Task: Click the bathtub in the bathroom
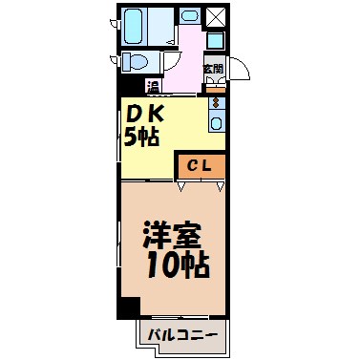pyautogui.click(x=140, y=29)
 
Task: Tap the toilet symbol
pyautogui.click(x=136, y=64)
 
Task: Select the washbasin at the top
pyautogui.click(x=189, y=17)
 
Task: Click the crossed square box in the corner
pyautogui.click(x=216, y=17)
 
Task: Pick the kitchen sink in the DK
pyautogui.click(x=216, y=122)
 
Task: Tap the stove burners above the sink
pyautogui.click(x=216, y=102)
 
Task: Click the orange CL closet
pyautogui.click(x=201, y=166)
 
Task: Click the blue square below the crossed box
pyautogui.click(x=216, y=41)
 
